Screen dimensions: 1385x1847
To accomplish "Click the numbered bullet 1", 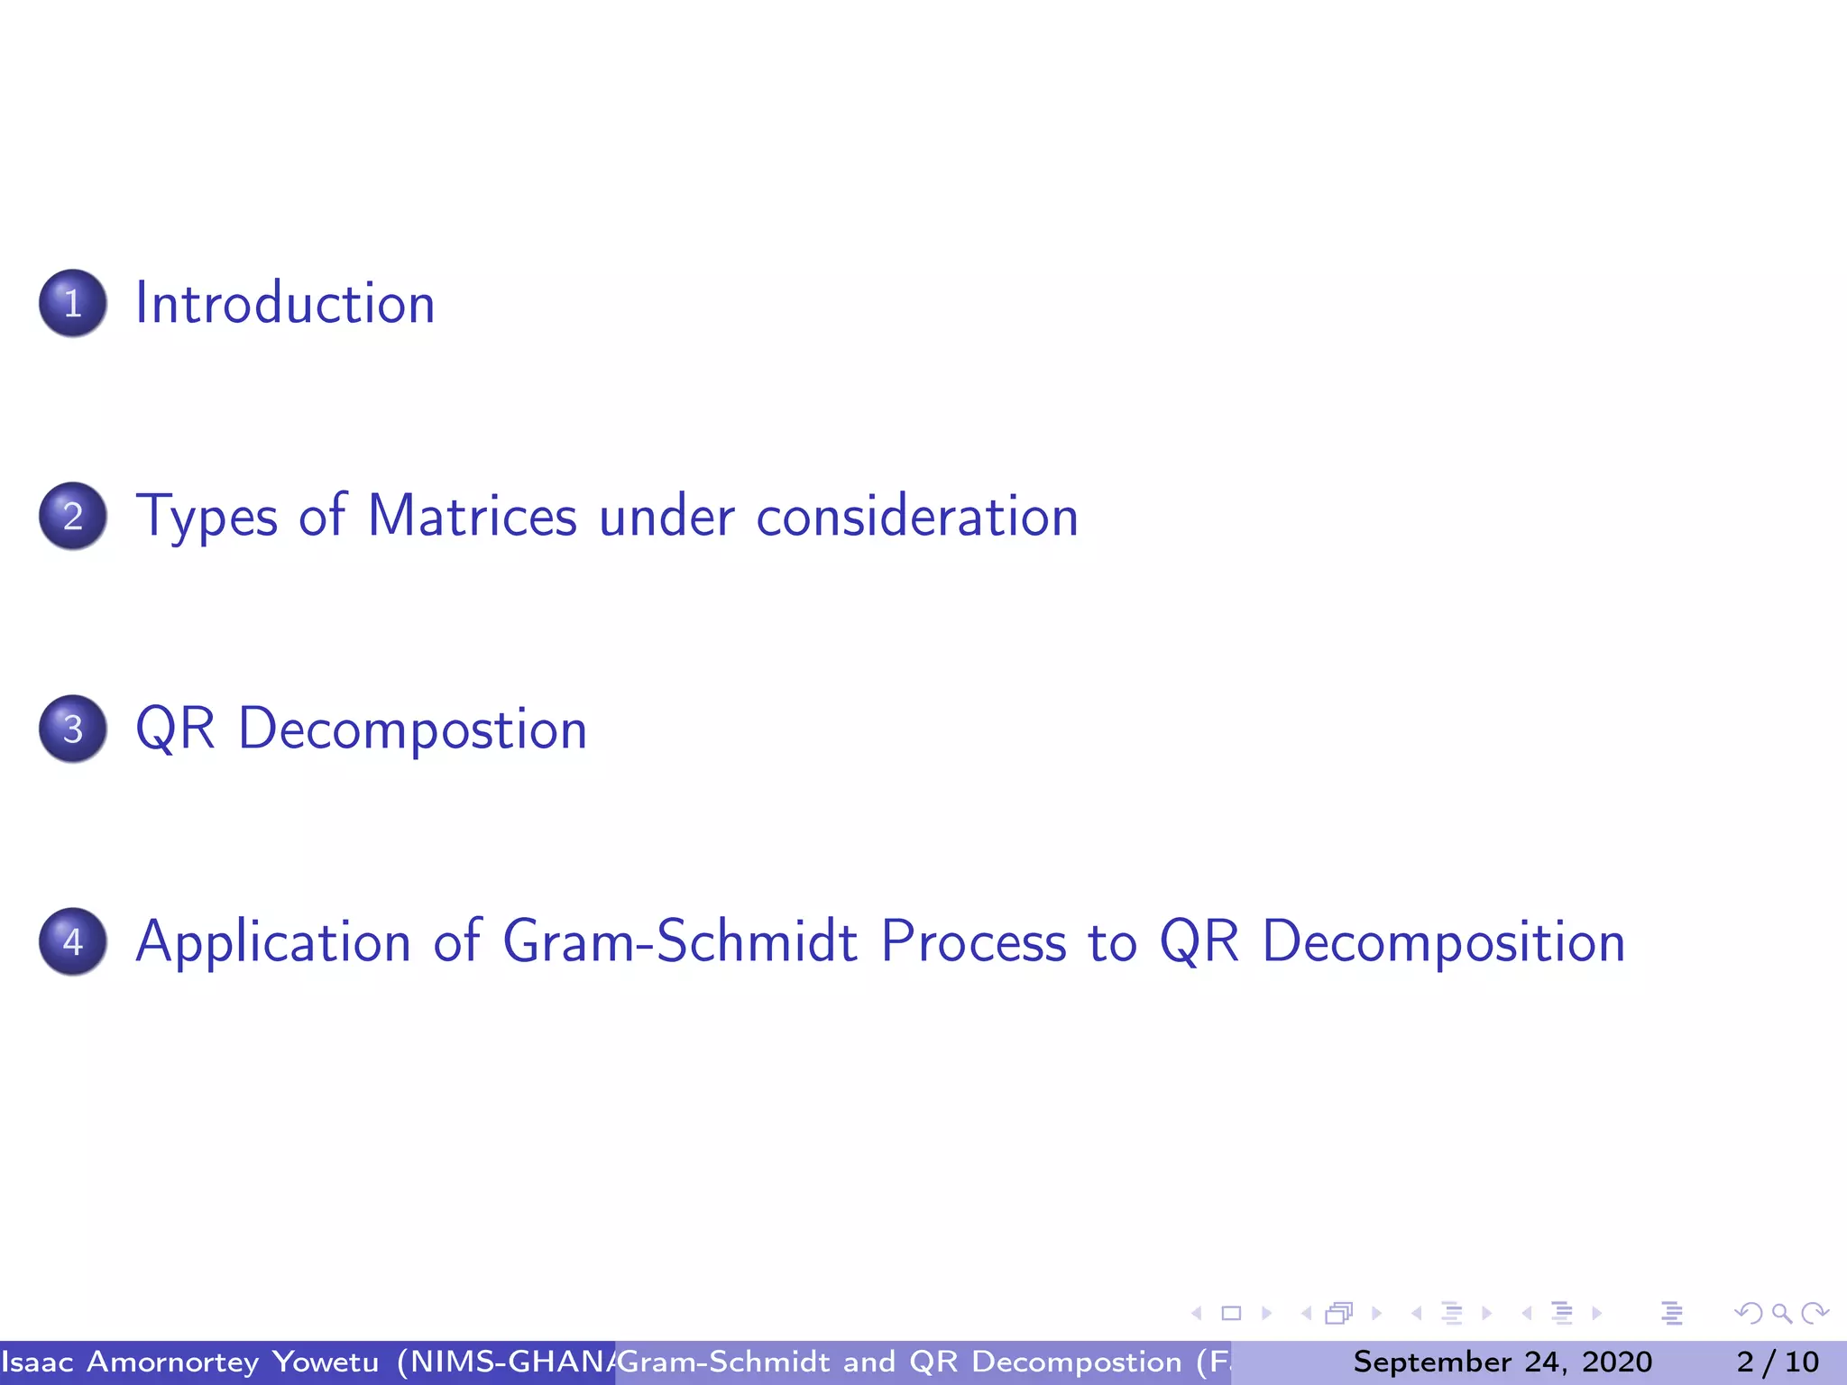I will (73, 303).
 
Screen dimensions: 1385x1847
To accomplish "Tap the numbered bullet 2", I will (73, 516).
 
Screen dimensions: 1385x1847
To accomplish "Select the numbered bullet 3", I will (73, 729).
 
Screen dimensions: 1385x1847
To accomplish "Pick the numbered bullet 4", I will (73, 941).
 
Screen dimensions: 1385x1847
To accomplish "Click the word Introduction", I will (285, 303).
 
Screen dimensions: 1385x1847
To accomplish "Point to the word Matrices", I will (473, 516).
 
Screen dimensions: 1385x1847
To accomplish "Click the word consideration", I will (916, 518).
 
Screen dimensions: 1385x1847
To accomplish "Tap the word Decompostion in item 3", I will (412, 730).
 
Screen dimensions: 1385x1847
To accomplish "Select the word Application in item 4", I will (273, 943).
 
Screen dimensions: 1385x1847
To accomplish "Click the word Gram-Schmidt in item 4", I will (680, 941).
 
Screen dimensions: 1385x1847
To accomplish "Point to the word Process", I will (973, 941).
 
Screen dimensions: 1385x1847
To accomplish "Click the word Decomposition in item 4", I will (1443, 943).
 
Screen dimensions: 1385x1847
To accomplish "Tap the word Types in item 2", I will (207, 518).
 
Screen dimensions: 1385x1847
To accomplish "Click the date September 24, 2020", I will (1502, 1362).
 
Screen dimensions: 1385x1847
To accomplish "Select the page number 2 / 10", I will (1778, 1362).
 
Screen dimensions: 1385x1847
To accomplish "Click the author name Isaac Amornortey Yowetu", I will (190, 1362).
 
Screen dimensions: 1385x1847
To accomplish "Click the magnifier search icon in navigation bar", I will (1781, 1314).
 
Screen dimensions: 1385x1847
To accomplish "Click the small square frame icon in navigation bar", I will (1231, 1314).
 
